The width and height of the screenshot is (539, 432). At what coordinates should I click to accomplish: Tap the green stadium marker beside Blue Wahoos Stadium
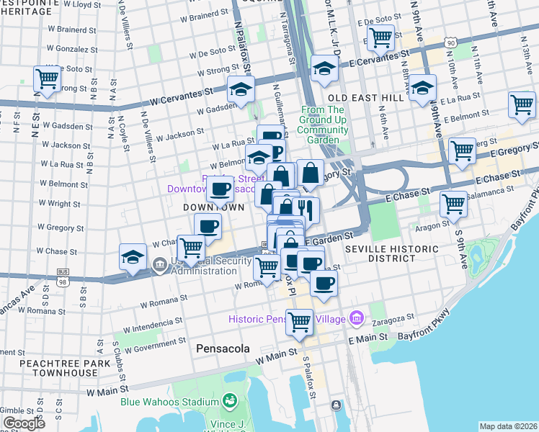click(230, 400)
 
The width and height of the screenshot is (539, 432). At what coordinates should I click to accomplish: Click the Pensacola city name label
click(223, 348)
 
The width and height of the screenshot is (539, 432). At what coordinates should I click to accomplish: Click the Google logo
click(24, 423)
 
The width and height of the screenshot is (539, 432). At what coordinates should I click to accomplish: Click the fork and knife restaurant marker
click(307, 210)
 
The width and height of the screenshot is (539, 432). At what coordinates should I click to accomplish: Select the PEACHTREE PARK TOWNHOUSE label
click(58, 368)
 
